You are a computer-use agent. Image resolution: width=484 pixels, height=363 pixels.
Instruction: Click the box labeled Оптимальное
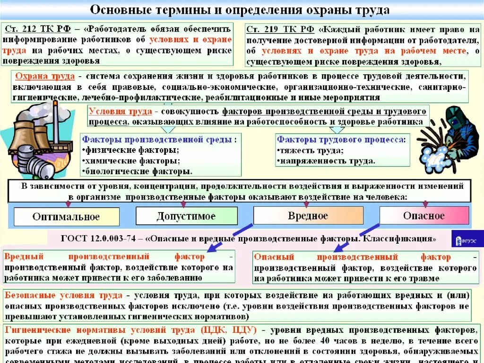66,217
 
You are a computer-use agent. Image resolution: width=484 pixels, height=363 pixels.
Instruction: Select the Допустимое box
186,216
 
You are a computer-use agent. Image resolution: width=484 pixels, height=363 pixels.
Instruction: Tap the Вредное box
308,216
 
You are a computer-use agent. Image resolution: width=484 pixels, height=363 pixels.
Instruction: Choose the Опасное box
424,216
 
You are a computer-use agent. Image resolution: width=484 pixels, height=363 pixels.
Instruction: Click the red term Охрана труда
45,77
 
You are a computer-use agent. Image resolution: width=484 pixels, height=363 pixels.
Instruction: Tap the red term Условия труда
120,112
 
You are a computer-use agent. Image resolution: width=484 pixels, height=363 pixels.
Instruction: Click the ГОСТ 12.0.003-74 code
103,238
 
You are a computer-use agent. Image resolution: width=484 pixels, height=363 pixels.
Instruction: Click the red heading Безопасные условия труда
64,295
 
